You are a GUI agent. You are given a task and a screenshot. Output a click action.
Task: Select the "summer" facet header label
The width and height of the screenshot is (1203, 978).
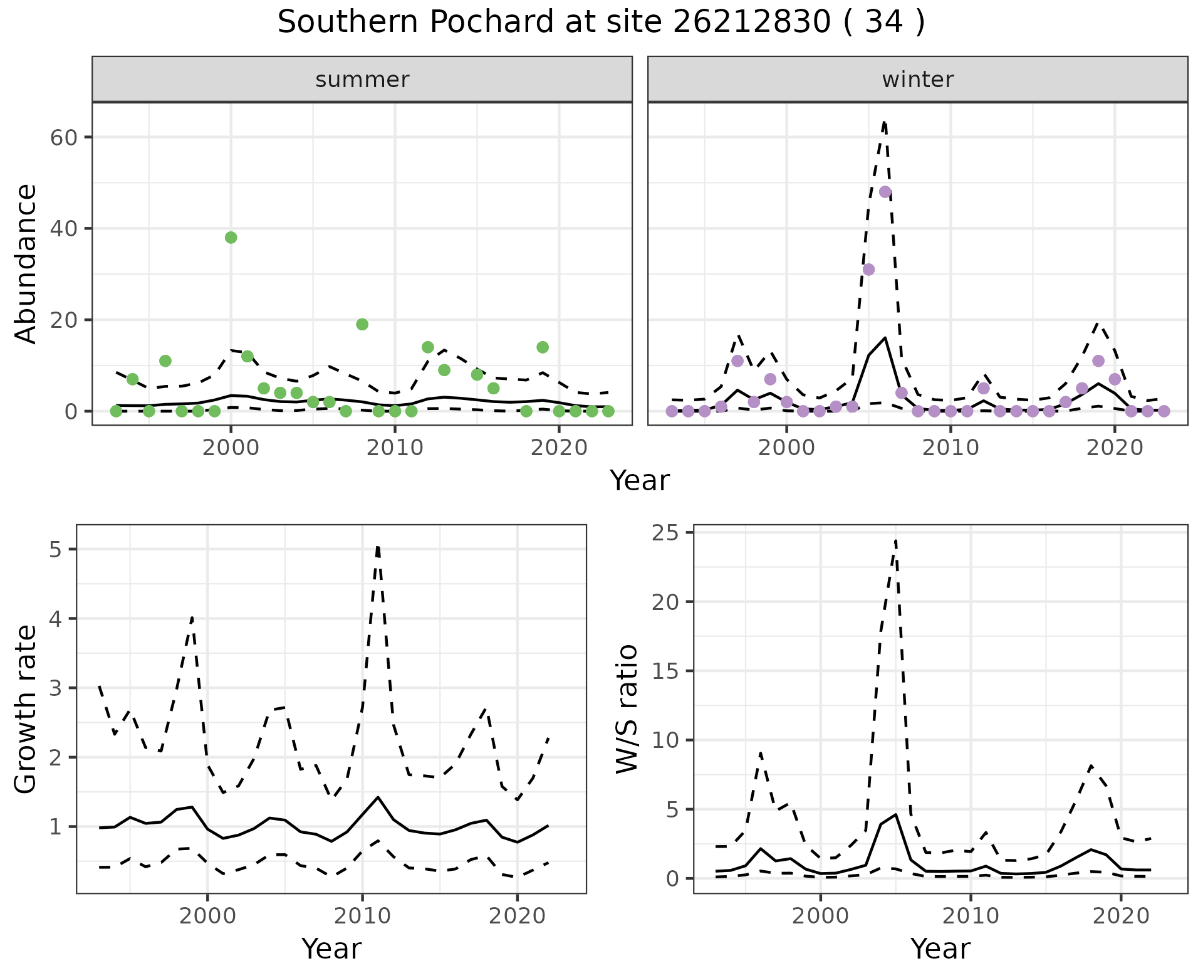pos(362,80)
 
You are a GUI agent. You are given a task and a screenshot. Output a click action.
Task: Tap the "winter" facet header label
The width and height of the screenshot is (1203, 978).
pos(917,80)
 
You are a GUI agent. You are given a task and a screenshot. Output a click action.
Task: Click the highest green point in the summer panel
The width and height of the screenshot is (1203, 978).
pos(231,238)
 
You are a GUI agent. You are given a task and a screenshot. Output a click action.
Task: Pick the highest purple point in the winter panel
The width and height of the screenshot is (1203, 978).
pos(885,192)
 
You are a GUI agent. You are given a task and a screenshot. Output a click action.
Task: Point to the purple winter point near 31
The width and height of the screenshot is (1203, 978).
pos(868,270)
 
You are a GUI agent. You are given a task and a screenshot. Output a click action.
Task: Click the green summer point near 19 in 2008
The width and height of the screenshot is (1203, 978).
pos(362,324)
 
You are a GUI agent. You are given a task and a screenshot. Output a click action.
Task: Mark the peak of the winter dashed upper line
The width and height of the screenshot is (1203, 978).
pos(884,122)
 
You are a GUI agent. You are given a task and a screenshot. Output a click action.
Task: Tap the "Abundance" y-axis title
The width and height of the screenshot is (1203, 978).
pos(26,264)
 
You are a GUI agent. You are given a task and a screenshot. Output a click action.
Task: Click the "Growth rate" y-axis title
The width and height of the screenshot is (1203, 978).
pos(26,710)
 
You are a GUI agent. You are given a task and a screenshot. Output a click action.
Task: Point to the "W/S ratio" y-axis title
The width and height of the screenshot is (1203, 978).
pos(627,709)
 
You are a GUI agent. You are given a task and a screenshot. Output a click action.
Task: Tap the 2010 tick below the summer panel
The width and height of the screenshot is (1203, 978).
pos(395,448)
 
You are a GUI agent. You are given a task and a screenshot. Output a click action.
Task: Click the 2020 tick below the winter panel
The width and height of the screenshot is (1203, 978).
pos(1115,448)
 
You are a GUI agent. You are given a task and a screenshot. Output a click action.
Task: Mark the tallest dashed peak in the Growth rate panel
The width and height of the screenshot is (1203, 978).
pos(378,547)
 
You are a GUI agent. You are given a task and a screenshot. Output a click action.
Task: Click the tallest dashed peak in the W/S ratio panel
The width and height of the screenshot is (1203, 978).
pos(896,540)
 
